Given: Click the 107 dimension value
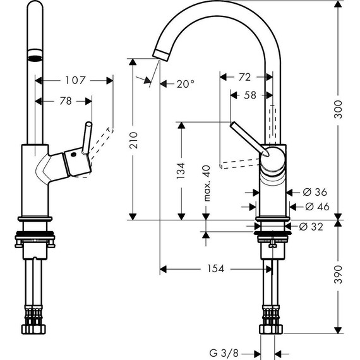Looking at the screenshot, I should coord(75,80).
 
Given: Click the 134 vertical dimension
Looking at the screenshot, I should coord(181,169).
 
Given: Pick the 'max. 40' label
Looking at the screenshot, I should coord(206,183).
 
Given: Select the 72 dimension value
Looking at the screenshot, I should coord(245,77).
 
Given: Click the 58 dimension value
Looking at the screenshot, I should coord(249,95).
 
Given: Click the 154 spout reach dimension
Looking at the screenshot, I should coord(215,269).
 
